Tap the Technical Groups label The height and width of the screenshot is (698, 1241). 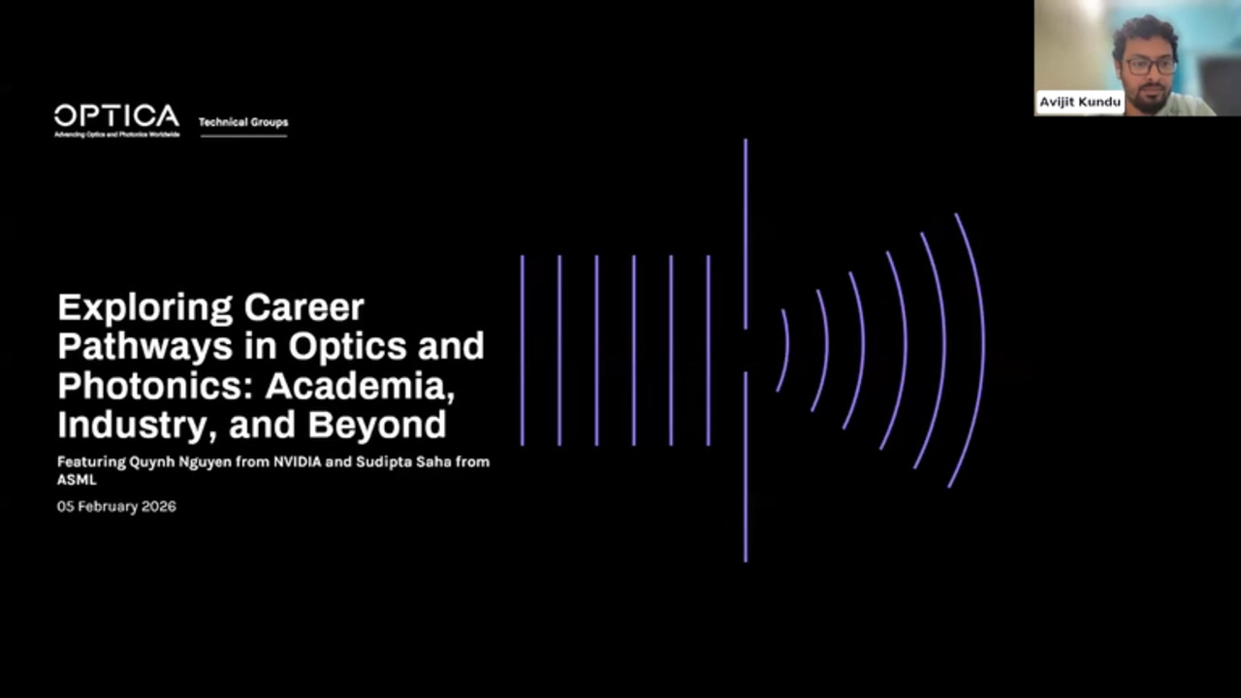tap(243, 123)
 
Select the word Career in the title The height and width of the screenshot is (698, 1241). tap(304, 308)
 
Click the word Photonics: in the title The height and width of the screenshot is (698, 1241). tap(158, 386)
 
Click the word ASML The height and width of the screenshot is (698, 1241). tap(78, 480)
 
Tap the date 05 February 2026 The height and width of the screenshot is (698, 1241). tap(116, 506)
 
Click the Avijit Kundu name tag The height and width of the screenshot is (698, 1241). tap(1080, 103)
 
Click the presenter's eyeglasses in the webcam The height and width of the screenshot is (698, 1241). tap(1150, 66)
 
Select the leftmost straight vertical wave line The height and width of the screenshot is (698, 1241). tap(523, 351)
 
